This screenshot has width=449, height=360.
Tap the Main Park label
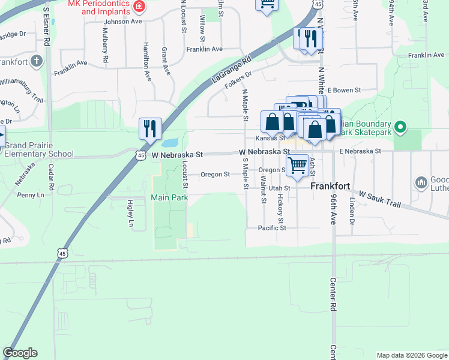coord(169,197)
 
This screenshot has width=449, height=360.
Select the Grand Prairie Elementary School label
coord(39,149)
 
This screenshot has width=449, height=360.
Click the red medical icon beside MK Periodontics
coord(140,7)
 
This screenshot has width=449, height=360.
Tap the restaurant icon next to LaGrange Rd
coord(149,128)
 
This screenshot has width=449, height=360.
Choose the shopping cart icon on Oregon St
coord(297,165)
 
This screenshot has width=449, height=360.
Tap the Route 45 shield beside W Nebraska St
coord(140,155)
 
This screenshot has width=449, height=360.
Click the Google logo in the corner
coord(20,353)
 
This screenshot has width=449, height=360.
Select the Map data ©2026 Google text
coord(411,355)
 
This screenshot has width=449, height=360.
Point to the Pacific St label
coord(272,228)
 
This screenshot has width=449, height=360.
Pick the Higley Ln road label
coord(130,214)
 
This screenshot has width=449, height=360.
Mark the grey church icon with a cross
coord(37,61)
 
